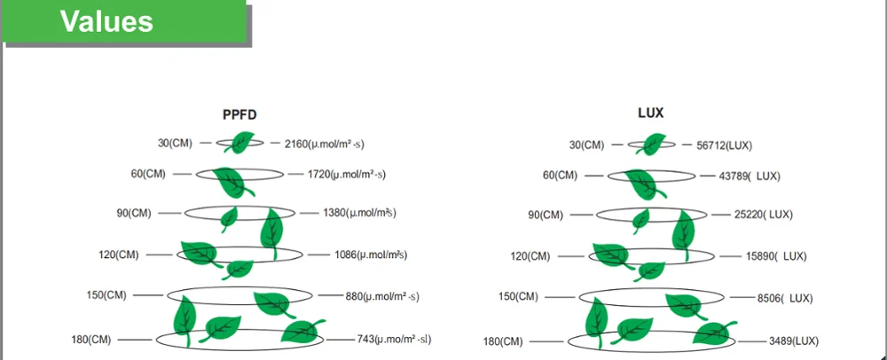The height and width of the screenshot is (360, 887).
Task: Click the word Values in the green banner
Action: click(x=106, y=20)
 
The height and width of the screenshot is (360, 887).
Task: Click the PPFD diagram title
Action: click(x=239, y=114)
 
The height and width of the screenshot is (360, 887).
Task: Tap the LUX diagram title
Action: click(x=652, y=113)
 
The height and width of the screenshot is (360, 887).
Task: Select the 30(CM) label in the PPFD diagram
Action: click(x=171, y=143)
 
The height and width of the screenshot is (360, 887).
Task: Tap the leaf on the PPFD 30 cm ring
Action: click(x=239, y=142)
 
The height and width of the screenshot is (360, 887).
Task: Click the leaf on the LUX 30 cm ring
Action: click(x=653, y=143)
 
